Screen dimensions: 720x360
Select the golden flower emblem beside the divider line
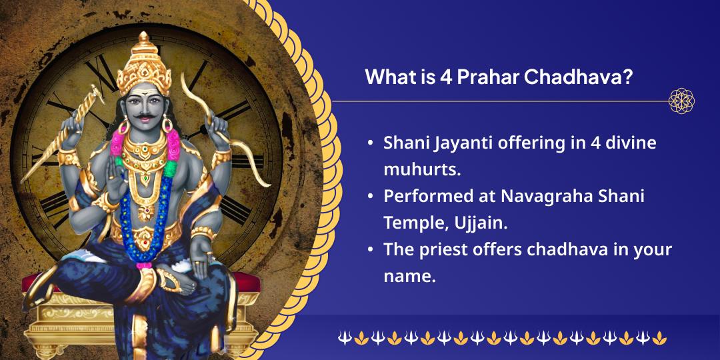681,101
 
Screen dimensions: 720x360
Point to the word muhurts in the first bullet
419,170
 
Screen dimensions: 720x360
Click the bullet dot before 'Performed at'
370,197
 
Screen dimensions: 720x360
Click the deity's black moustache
145,115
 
